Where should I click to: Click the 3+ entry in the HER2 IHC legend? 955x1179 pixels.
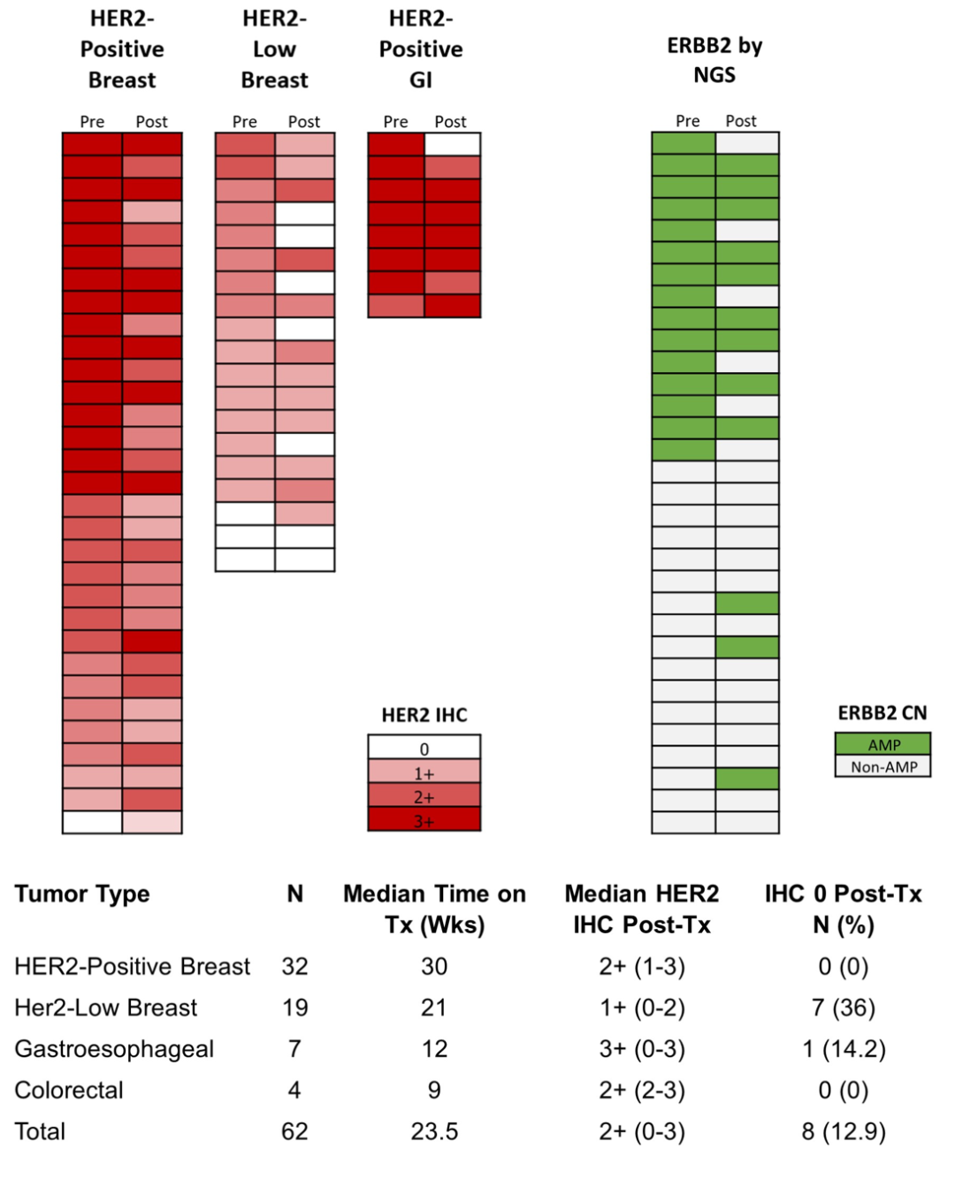click(x=424, y=820)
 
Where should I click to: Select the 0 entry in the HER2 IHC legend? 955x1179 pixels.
click(x=424, y=748)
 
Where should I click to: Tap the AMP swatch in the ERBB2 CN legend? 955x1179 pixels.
click(x=882, y=744)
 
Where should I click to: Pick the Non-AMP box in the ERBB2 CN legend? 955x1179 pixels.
click(x=882, y=766)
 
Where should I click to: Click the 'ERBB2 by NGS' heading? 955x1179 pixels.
click(x=714, y=60)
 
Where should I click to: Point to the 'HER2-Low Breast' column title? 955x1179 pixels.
click(x=274, y=49)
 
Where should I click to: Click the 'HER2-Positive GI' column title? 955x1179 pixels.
click(x=421, y=49)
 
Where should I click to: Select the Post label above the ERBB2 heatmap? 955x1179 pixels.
click(x=740, y=121)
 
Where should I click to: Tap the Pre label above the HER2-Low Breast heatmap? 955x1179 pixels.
click(x=244, y=122)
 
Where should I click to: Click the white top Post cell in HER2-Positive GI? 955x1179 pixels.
click(x=452, y=144)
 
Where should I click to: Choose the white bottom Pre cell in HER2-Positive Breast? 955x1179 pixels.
click(x=92, y=822)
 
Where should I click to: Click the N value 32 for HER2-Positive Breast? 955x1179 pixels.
click(x=294, y=966)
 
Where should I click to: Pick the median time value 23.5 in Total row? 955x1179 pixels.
click(x=434, y=1131)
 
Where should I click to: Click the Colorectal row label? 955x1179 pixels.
click(x=69, y=1090)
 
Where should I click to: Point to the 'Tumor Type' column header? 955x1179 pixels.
click(x=82, y=894)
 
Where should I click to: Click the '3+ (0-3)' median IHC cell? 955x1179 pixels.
click(x=641, y=1049)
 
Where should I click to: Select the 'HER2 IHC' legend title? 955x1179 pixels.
click(x=424, y=715)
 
